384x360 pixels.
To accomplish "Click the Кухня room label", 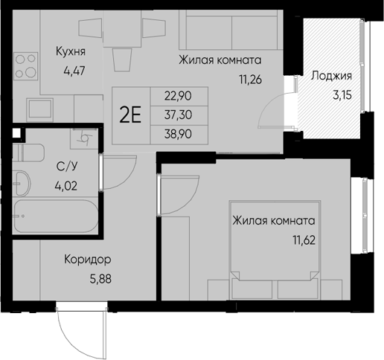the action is point(71,51).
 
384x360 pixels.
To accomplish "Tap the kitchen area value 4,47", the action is point(74,71).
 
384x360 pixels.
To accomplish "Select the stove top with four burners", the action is point(26,66).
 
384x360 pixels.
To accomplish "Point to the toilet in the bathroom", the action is point(28,152).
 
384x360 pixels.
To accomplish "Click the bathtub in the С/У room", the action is point(56,216).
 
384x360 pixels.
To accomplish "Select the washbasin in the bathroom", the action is point(22,184).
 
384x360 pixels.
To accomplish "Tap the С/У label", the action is point(67,167).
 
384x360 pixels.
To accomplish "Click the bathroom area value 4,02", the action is point(66,186).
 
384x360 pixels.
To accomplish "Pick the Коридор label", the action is point(88,260).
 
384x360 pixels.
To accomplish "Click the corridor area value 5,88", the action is point(100,280).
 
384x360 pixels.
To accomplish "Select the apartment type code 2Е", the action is point(130,115).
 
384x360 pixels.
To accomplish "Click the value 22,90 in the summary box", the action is point(178,96).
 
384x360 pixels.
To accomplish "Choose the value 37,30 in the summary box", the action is point(178,115).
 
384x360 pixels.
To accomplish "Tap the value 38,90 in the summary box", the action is point(178,134).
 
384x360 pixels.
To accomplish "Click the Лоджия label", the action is point(331,76).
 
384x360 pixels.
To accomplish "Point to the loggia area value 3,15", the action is point(342,95).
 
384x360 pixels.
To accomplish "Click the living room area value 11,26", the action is point(251,80).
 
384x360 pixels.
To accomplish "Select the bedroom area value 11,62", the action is point(304,240).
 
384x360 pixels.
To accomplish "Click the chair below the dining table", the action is point(122,60).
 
